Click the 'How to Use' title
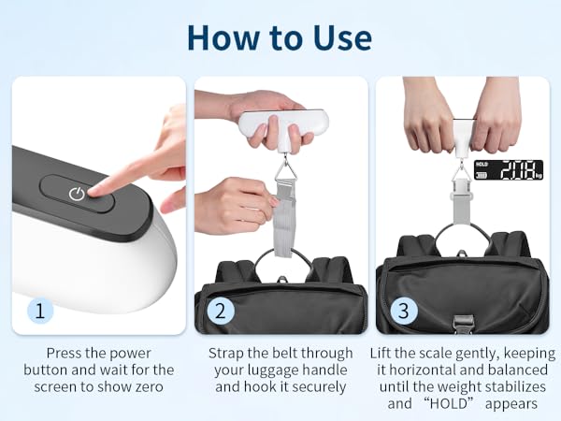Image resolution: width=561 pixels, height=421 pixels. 280,36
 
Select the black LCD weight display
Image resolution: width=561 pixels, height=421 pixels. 509,169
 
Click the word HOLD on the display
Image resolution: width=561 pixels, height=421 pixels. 482,165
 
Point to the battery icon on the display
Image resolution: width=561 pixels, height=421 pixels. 482,175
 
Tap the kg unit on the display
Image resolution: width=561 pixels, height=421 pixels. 538,175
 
